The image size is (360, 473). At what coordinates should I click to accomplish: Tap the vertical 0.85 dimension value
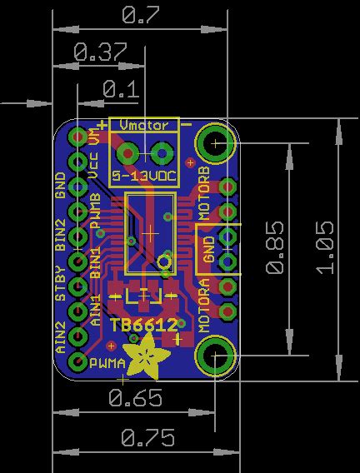[274, 252]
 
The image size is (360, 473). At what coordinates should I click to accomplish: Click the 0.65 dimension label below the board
[135, 399]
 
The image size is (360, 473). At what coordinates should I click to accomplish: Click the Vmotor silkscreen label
[143, 125]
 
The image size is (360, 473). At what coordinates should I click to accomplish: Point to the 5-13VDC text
[143, 177]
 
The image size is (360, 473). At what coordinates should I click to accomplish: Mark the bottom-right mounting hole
[213, 356]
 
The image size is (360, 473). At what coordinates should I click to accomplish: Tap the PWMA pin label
[107, 363]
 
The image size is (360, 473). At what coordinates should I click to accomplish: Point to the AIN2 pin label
[61, 338]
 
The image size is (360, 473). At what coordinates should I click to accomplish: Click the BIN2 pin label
[61, 236]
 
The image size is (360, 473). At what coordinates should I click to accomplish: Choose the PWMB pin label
[95, 212]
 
